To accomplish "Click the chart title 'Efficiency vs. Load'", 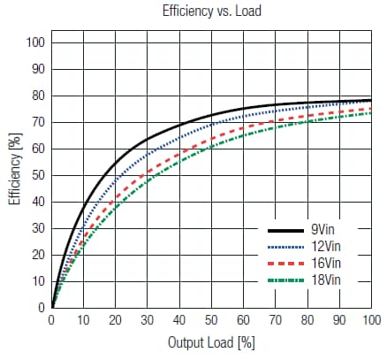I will (211, 11).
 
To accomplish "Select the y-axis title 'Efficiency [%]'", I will (14, 174).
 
